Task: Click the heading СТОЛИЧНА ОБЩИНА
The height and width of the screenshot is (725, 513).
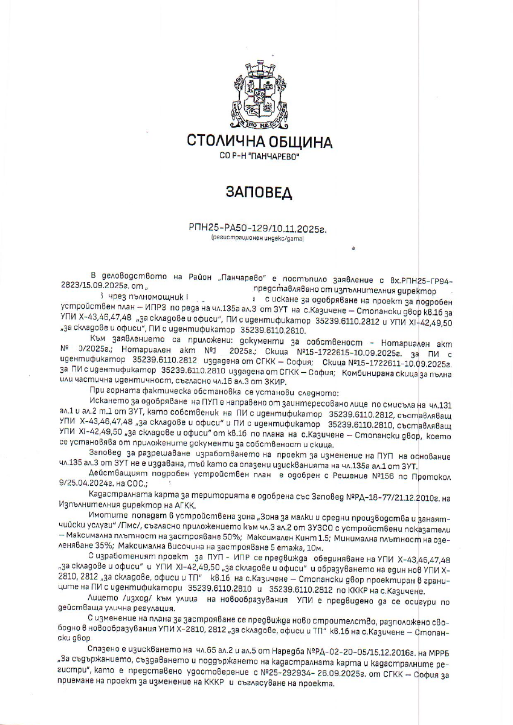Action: click(260, 143)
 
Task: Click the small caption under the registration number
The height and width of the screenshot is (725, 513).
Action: click(258, 239)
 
